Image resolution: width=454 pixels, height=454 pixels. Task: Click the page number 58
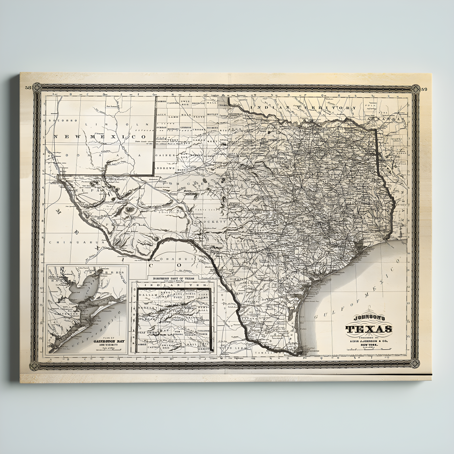coord(28,88)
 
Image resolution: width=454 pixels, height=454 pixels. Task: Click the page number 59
coord(424,89)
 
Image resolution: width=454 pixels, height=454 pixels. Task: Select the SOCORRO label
coord(59,120)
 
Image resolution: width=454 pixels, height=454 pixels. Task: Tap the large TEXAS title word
coord(369,329)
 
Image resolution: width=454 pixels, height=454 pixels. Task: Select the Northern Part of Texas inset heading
coord(176,279)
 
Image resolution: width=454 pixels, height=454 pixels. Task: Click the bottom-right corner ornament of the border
coord(415,363)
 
